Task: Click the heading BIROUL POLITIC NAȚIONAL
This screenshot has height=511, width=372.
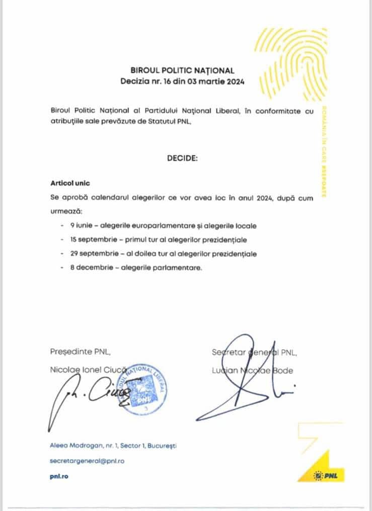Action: coord(182,71)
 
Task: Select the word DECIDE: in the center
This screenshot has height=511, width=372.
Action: coord(182,158)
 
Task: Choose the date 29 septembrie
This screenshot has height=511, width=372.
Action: coord(93,254)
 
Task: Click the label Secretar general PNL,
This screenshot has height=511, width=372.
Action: coord(254,353)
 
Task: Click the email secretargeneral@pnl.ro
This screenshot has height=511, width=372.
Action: coord(87,461)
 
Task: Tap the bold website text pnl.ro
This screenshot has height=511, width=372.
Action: coord(59,476)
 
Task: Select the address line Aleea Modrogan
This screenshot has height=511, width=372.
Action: coord(113,446)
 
